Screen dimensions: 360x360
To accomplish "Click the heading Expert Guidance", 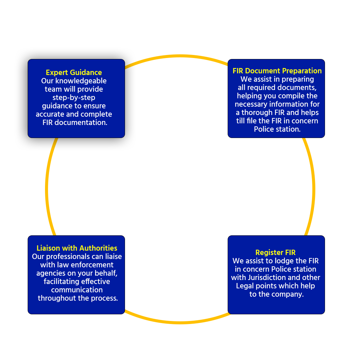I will click(74, 73).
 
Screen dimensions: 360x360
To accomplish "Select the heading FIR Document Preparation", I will click(277, 71).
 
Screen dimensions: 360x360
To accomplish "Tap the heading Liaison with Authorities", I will click(77, 248).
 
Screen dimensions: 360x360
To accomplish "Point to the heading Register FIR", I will click(275, 253).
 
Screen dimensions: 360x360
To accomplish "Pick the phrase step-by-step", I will click(74, 98).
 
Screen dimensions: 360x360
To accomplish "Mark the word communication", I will click(77, 290).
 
